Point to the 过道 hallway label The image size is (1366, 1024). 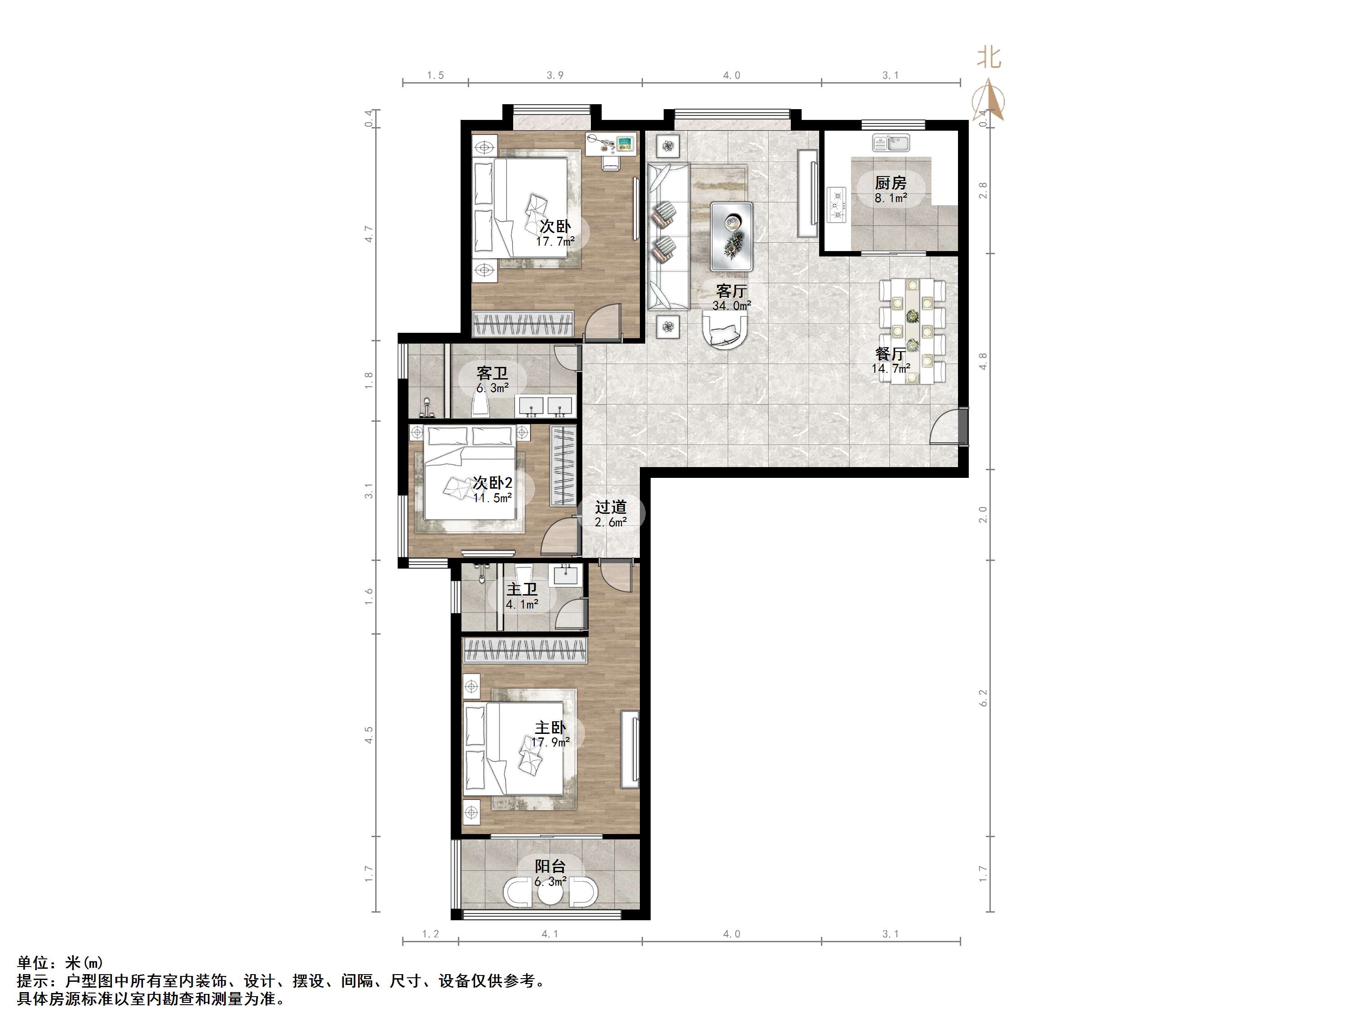611,507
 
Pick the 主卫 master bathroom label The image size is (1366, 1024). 522,589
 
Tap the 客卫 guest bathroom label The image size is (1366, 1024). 492,373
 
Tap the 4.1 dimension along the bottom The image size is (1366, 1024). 550,934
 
